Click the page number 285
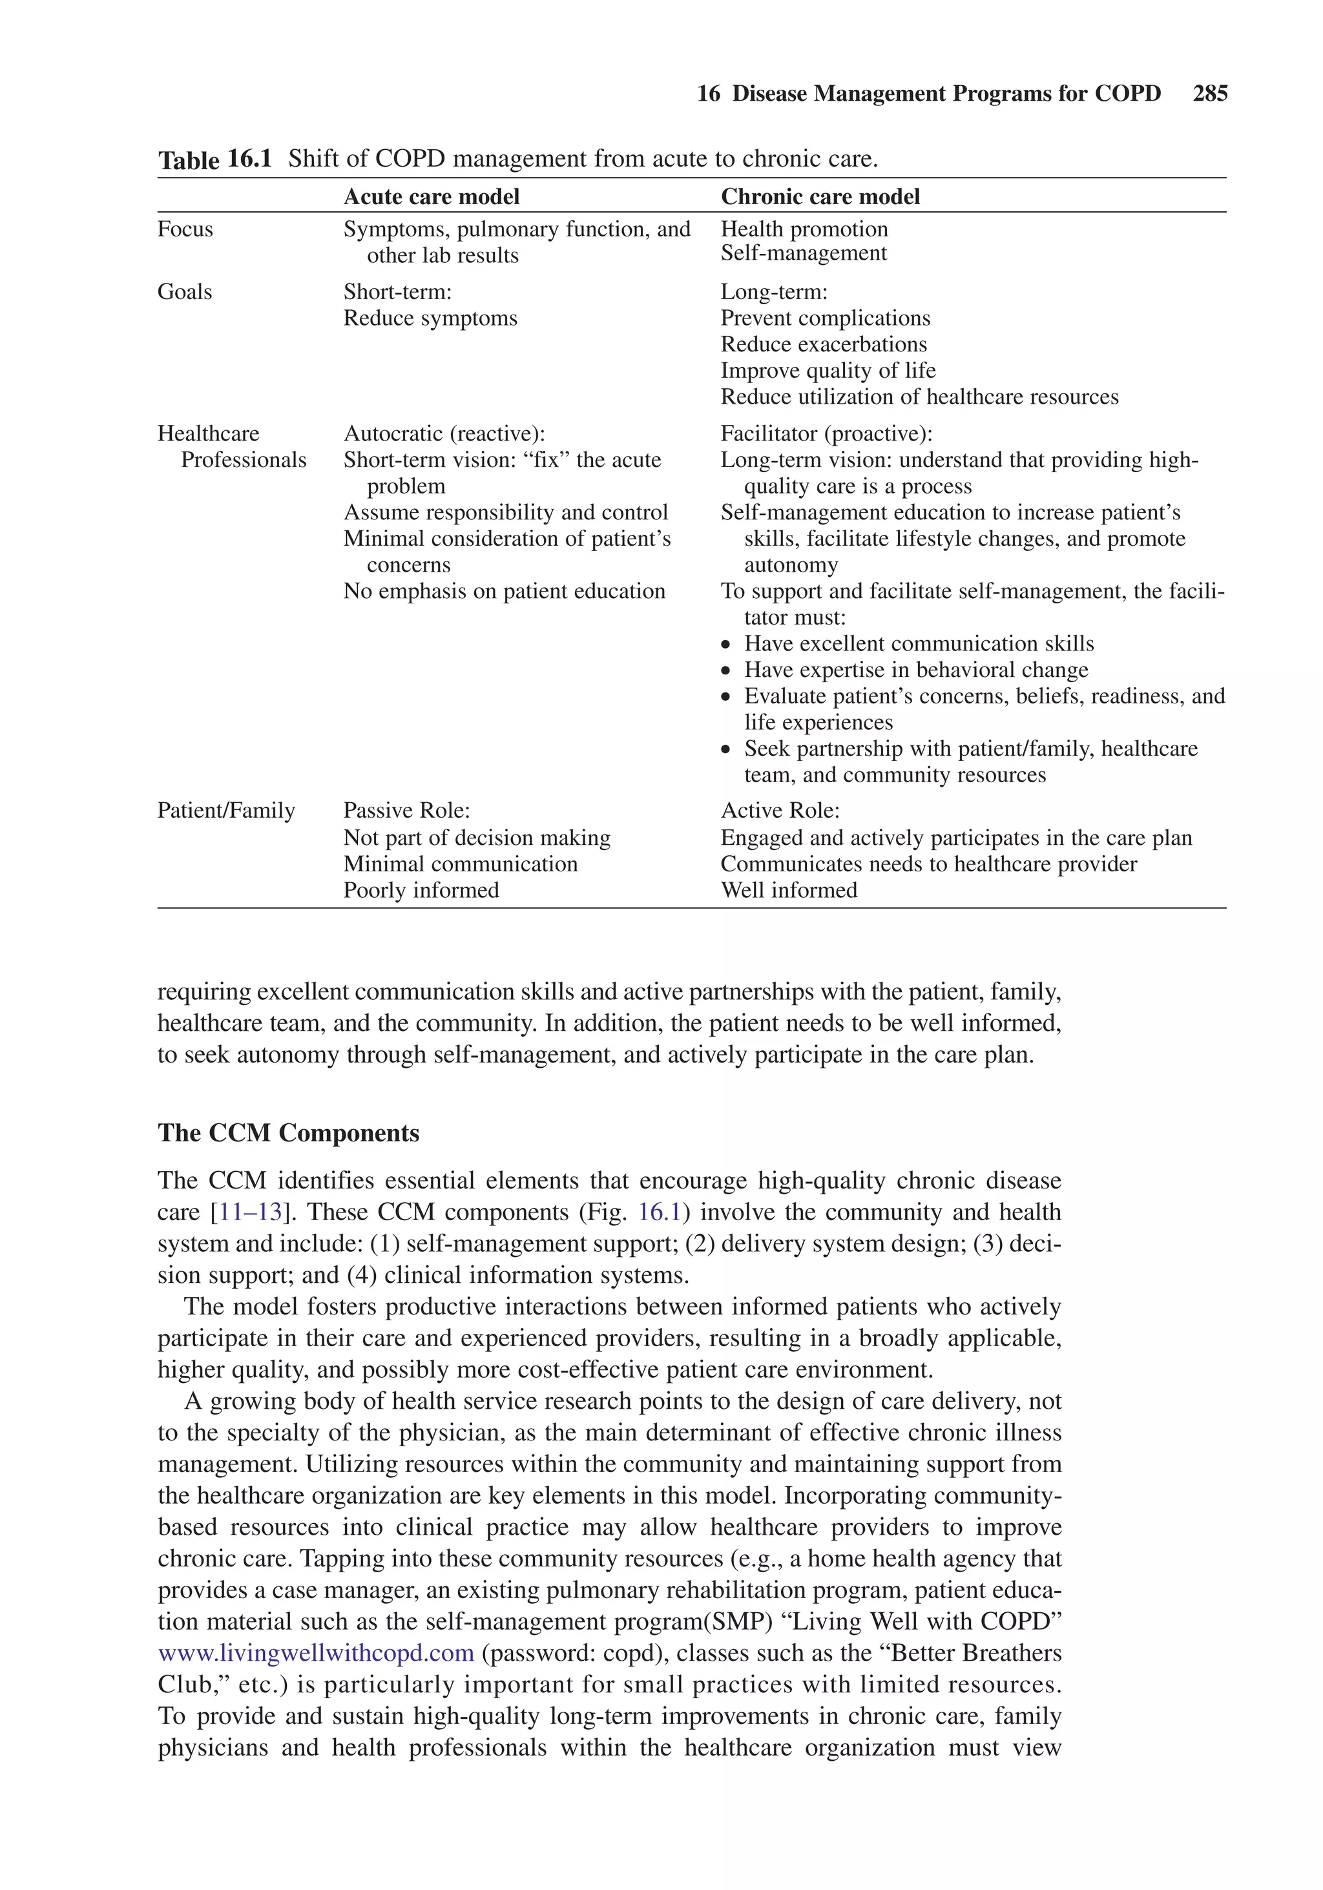pyautogui.click(x=1209, y=94)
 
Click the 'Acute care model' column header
pyautogui.click(x=432, y=197)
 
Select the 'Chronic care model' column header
pyautogui.click(x=820, y=197)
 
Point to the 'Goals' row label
pyautogui.click(x=184, y=291)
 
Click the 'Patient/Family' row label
pyautogui.click(x=226, y=811)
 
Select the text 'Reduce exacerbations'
pyautogui.click(x=823, y=344)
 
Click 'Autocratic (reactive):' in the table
pyautogui.click(x=444, y=434)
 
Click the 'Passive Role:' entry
pyautogui.click(x=407, y=811)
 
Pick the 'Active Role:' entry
pyautogui.click(x=780, y=811)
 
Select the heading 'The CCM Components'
pyautogui.click(x=288, y=1133)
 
